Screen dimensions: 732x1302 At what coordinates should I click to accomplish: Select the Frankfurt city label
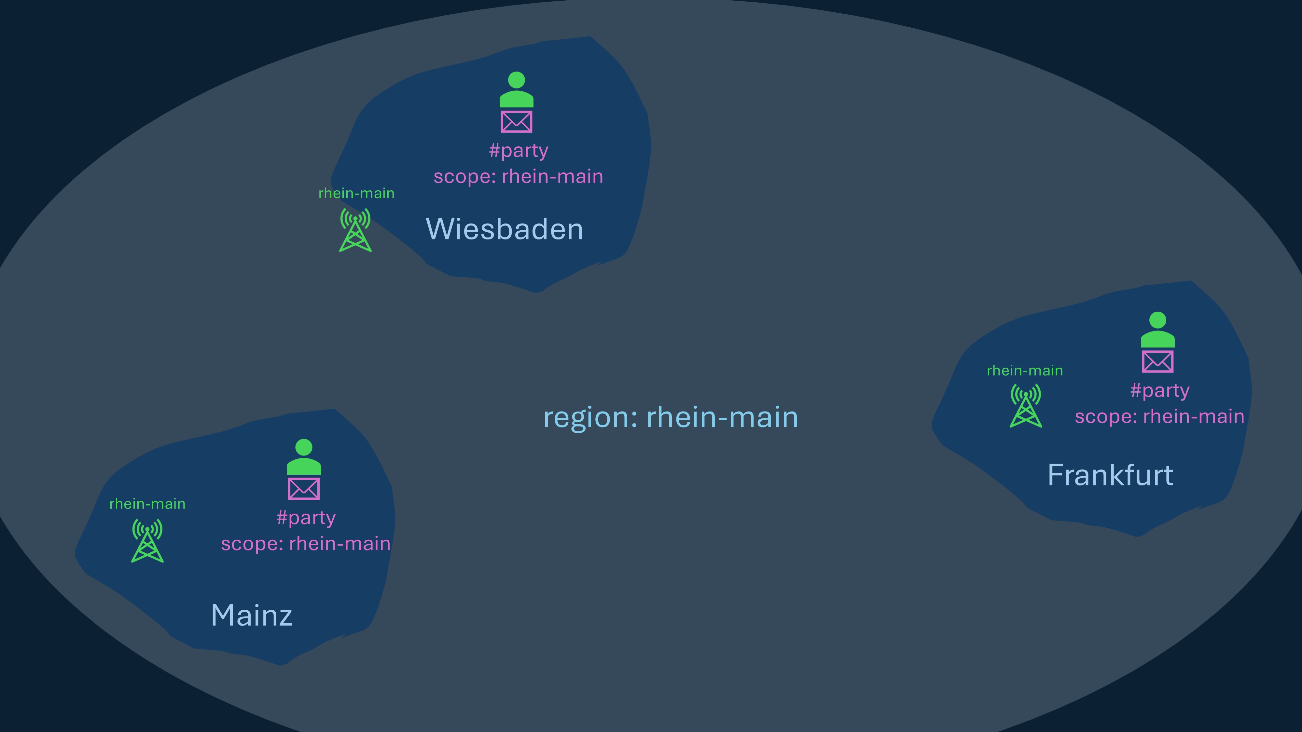click(x=1110, y=475)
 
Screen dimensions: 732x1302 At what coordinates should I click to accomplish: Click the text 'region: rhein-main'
click(x=671, y=418)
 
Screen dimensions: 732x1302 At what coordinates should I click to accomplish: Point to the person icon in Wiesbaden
click(x=516, y=90)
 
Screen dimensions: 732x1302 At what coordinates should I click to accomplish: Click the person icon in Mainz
click(x=303, y=457)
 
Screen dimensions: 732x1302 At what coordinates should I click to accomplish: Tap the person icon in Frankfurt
click(x=1157, y=330)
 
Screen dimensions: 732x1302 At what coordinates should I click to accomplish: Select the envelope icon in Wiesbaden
click(x=516, y=122)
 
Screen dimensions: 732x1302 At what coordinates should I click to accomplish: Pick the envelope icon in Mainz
click(x=303, y=489)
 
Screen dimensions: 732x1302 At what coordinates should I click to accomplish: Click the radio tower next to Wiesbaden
click(x=355, y=230)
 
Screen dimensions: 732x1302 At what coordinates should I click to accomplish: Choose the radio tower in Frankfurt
click(x=1026, y=406)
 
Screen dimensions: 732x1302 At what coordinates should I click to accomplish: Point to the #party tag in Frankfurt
click(x=1159, y=390)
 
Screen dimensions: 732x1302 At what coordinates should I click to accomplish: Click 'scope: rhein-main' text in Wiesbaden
click(x=518, y=177)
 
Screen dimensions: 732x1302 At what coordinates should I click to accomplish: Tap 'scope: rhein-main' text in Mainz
click(x=306, y=544)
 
